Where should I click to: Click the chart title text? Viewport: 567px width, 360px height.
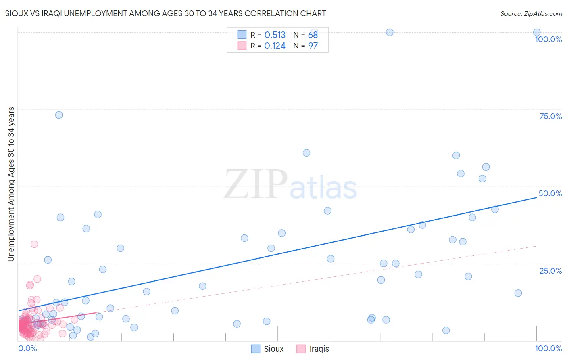point(165,13)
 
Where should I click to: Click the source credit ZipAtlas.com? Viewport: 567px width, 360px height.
point(531,13)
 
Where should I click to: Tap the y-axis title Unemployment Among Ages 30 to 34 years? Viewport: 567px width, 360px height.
point(11,184)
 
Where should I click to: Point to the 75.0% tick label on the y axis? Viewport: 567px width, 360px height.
point(550,116)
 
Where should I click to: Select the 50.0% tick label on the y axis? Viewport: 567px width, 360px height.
point(550,193)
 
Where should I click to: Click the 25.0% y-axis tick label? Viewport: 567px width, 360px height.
point(550,271)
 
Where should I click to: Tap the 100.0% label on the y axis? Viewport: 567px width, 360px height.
point(548,39)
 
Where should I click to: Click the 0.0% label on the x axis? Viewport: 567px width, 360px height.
point(27,348)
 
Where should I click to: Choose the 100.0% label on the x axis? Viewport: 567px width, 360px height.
point(548,348)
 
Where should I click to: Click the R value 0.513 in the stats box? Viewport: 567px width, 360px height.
point(275,35)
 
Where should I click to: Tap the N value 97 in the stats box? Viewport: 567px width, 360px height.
point(313,46)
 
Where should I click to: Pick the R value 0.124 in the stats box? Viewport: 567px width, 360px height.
point(275,46)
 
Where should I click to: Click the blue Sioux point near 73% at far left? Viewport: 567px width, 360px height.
point(59,115)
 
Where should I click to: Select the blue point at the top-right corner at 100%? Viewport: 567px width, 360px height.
point(537,32)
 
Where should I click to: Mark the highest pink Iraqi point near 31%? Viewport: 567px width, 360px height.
point(34,244)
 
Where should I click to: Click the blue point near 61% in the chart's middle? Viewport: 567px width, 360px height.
point(306,153)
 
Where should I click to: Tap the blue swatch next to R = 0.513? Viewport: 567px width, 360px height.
point(242,35)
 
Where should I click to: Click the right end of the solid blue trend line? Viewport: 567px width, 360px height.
point(536,197)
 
